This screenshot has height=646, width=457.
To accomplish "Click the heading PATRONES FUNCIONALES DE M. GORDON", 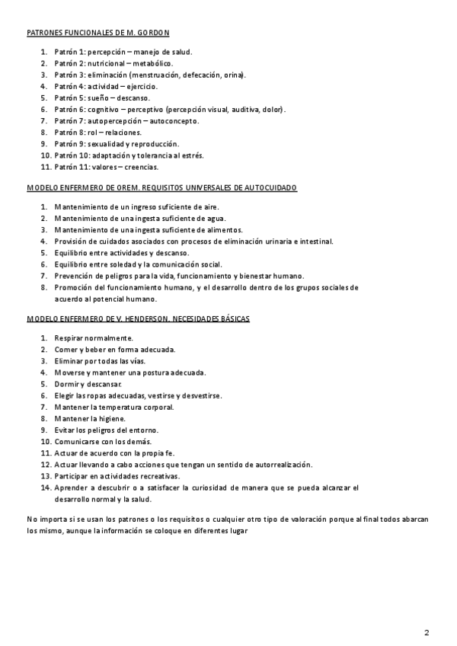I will click(98, 33).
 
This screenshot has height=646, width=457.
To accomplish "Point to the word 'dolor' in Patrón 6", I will click(272, 109).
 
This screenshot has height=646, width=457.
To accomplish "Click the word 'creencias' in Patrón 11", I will click(141, 166).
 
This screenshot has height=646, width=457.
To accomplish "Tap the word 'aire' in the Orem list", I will click(207, 207).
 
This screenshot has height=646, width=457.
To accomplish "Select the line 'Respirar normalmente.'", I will click(94, 337).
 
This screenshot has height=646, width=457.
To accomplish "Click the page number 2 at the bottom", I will click(427, 632).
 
